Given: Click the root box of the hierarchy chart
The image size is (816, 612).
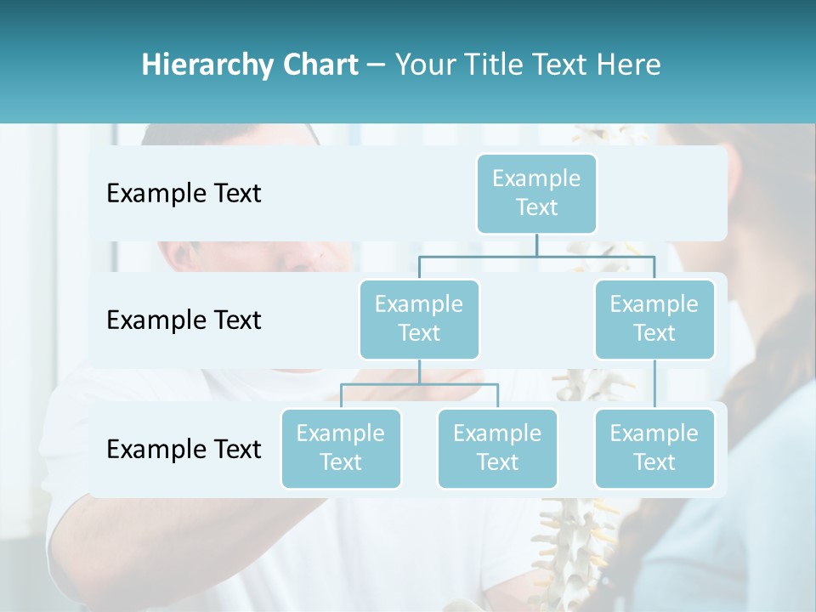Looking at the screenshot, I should click(x=536, y=193).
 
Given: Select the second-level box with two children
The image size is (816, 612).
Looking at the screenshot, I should click(x=419, y=319).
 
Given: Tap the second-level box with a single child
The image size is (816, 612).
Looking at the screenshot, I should click(x=654, y=319).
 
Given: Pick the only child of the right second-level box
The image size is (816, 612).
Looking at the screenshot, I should click(x=654, y=448).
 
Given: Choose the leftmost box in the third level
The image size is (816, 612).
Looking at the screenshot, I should click(x=341, y=448).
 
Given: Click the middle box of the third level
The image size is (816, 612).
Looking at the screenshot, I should click(x=497, y=448).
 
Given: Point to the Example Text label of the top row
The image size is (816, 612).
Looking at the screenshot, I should click(x=184, y=194).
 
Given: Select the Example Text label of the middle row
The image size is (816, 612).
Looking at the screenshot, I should click(x=184, y=320).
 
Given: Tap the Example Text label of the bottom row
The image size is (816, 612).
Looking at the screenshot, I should click(x=184, y=449).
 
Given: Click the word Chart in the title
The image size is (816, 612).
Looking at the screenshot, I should click(x=320, y=65).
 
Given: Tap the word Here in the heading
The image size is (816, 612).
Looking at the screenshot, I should click(x=630, y=65).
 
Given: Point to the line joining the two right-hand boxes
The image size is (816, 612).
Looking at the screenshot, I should click(x=654, y=384).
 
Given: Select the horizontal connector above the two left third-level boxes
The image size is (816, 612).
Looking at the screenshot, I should click(x=419, y=384).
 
